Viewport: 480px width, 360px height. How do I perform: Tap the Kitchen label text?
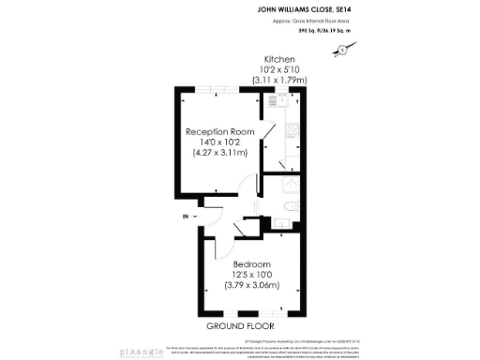tap(279, 59)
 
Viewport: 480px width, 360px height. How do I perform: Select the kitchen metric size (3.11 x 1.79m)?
tap(279, 81)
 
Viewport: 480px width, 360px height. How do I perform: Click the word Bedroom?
tap(252, 263)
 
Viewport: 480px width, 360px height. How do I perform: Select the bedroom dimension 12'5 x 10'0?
tap(252, 274)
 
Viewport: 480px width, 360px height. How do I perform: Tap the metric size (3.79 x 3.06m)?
tap(252, 285)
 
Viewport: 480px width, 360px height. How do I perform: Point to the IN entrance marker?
tap(186, 217)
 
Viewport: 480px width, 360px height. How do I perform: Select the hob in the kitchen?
tap(292, 130)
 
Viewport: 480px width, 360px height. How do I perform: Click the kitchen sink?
tap(292, 157)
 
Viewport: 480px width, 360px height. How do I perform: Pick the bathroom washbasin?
tap(280, 223)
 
